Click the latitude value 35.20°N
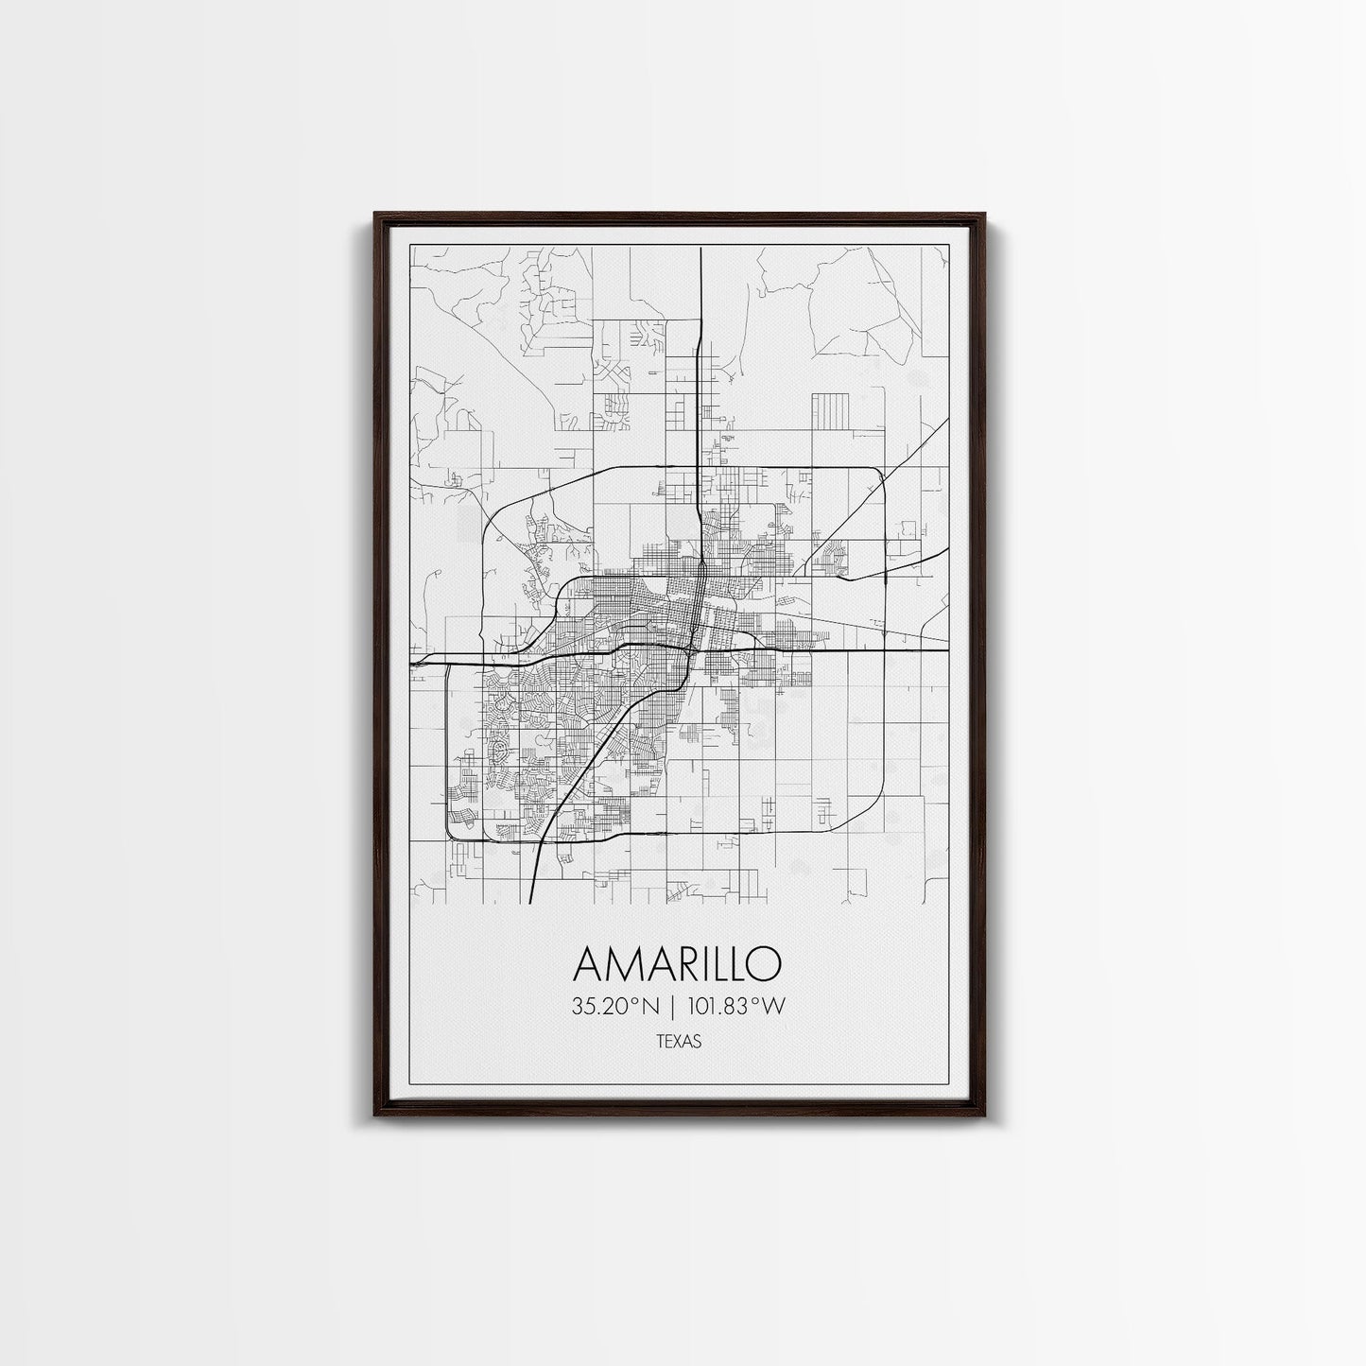click(615, 1008)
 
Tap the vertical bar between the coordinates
click(674, 1008)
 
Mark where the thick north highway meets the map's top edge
click(700, 248)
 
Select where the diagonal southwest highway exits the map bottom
click(532, 902)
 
